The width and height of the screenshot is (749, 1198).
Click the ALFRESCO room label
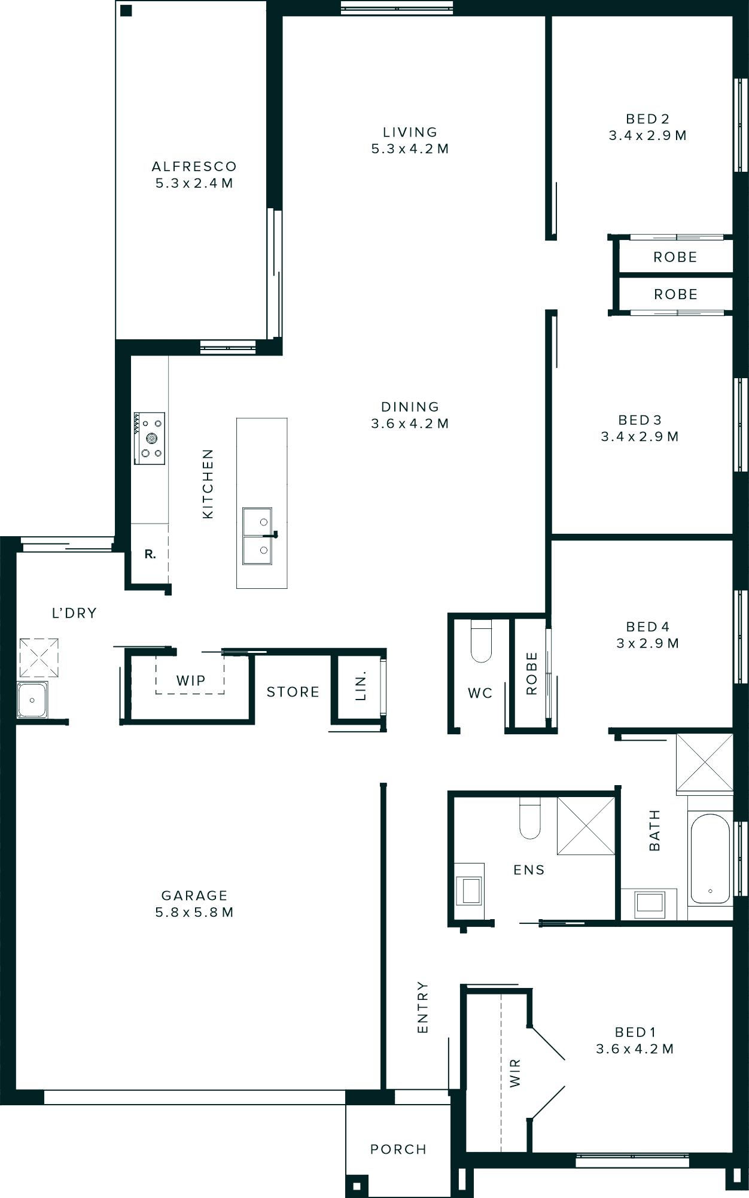pyautogui.click(x=194, y=167)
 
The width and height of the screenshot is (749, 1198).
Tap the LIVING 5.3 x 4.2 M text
pyautogui.click(x=410, y=141)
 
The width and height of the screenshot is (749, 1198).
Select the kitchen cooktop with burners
pyautogui.click(x=150, y=439)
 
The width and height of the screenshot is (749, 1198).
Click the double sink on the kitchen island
pyautogui.click(x=257, y=536)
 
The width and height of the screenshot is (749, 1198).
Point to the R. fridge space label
pyautogui.click(x=150, y=555)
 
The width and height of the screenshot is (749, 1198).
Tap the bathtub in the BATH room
pyautogui.click(x=710, y=859)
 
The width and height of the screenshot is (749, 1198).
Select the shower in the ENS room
pyautogui.click(x=586, y=826)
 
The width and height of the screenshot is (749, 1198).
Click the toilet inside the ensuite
pyautogui.click(x=530, y=820)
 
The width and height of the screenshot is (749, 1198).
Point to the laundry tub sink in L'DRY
pyautogui.click(x=32, y=699)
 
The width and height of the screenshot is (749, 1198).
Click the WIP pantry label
pyautogui.click(x=191, y=680)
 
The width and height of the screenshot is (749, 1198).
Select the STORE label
pyautogui.click(x=293, y=692)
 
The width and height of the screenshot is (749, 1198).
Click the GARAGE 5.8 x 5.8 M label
pyautogui.click(x=194, y=904)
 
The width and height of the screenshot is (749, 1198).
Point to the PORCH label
pyautogui.click(x=398, y=1150)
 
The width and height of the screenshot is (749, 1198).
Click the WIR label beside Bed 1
pyautogui.click(x=515, y=1073)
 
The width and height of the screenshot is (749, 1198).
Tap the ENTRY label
pyautogui.click(x=422, y=1007)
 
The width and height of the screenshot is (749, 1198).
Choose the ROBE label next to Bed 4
pyautogui.click(x=531, y=673)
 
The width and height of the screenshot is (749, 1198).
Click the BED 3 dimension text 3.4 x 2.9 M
pyautogui.click(x=640, y=437)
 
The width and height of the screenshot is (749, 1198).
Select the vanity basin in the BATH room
pyautogui.click(x=650, y=903)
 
